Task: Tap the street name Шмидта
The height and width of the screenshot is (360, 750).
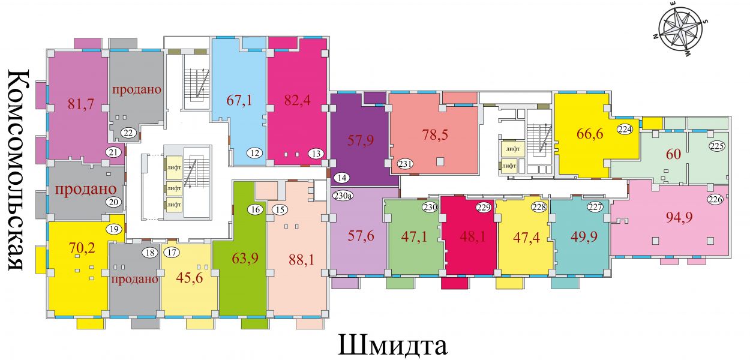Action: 392,346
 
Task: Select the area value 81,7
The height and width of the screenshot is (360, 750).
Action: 80,104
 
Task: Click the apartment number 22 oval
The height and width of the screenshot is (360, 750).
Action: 128,133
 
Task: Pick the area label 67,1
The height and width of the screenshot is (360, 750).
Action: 239,100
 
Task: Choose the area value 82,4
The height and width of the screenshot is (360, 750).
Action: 297,100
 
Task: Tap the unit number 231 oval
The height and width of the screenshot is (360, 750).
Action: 405,164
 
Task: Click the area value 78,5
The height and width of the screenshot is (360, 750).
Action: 435,134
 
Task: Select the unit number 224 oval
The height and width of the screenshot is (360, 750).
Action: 625,129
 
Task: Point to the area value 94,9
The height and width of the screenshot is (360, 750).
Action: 679,217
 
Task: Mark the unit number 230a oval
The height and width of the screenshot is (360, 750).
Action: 341,196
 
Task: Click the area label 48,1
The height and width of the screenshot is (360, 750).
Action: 472,236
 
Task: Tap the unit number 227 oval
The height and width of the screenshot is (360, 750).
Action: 595,207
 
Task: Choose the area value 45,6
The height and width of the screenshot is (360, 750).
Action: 190,278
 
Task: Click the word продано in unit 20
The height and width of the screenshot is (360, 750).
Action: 85,190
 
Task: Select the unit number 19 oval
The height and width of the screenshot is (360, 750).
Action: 114,229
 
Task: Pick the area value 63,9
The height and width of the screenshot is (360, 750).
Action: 245,258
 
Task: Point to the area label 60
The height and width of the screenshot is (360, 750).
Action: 673,154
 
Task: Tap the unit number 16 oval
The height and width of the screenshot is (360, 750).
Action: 256,209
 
